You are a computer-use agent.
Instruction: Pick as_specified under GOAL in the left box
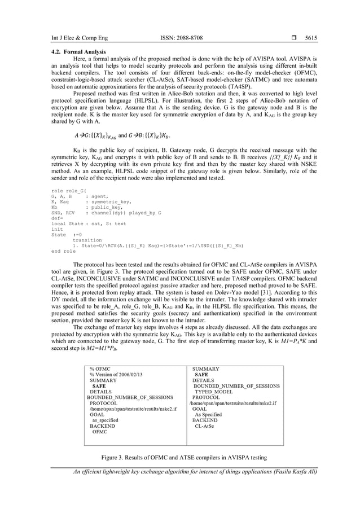[x=104, y=420]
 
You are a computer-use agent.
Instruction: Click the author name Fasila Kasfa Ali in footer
[x=294, y=472]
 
